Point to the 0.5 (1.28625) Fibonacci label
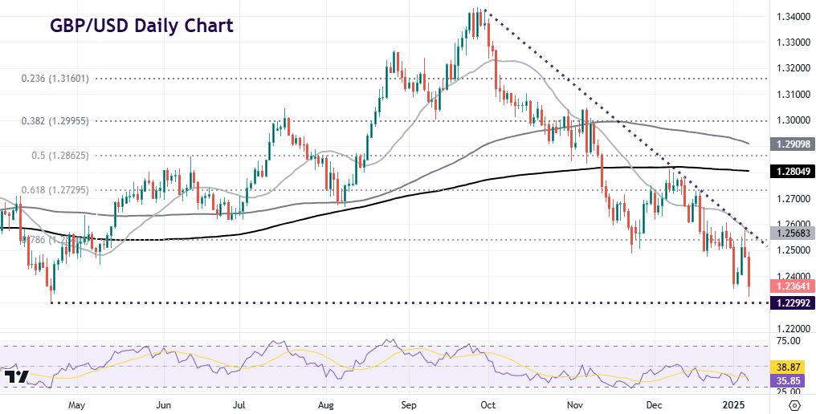point(55,155)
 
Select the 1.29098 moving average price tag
point(791,144)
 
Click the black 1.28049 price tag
point(791,171)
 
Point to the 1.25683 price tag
point(791,233)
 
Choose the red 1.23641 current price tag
point(791,286)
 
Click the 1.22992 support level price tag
point(791,302)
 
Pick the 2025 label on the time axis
point(736,404)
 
